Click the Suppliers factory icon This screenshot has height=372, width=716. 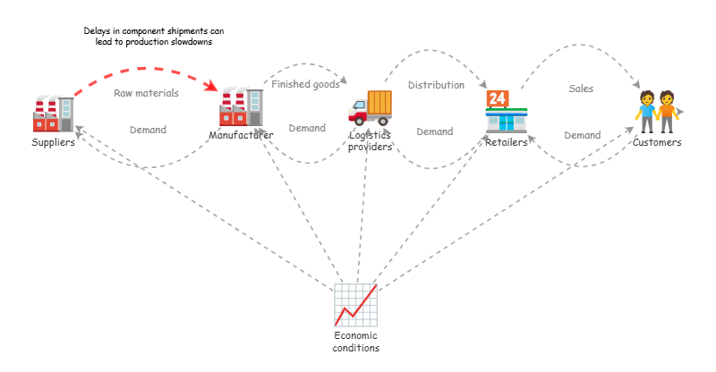tap(53, 114)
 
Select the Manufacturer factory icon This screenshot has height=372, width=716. tap(241, 107)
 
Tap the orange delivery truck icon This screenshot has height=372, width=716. tap(370, 107)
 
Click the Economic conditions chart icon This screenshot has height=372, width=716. tap(355, 305)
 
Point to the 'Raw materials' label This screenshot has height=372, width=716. tap(146, 93)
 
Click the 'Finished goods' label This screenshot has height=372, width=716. tap(305, 85)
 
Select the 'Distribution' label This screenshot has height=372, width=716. tap(436, 86)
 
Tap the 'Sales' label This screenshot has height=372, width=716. tap(581, 89)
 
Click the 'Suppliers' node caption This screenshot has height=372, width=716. tap(54, 142)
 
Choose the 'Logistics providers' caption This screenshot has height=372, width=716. tap(371, 141)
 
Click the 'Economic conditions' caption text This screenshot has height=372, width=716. tap(355, 342)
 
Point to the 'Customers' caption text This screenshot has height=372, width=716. tap(657, 142)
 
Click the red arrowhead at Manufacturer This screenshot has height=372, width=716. tap(213, 87)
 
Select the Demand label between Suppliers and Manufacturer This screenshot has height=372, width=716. tap(148, 130)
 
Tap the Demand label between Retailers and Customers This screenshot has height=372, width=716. tap(582, 135)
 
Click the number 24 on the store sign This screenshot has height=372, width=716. tap(497, 97)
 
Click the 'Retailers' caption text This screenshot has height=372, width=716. tap(507, 142)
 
